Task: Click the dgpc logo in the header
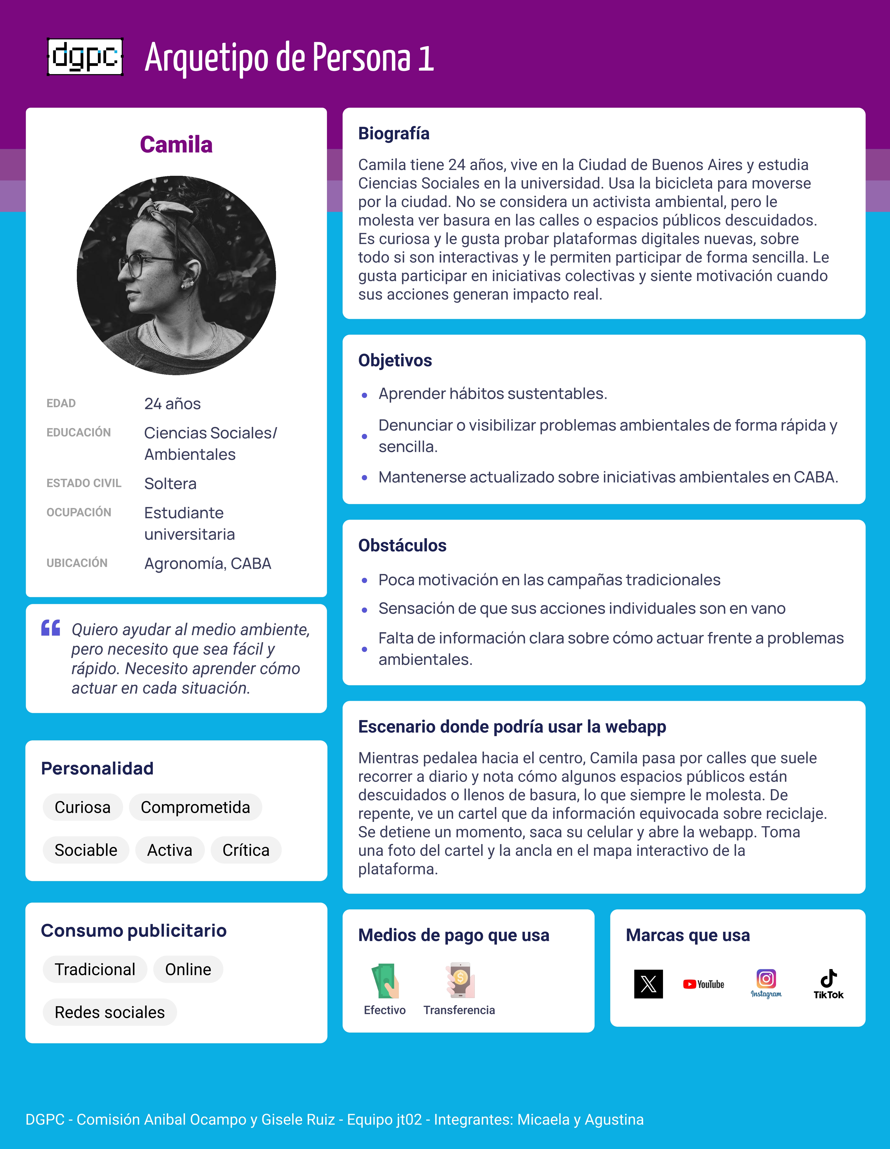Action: (85, 57)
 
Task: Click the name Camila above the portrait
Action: (176, 145)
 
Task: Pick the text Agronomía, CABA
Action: (208, 563)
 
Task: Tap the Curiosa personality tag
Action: (82, 807)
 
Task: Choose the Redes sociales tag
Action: (109, 1012)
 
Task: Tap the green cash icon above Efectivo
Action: (385, 981)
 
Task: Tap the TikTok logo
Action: (829, 984)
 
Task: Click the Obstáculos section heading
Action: (402, 546)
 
